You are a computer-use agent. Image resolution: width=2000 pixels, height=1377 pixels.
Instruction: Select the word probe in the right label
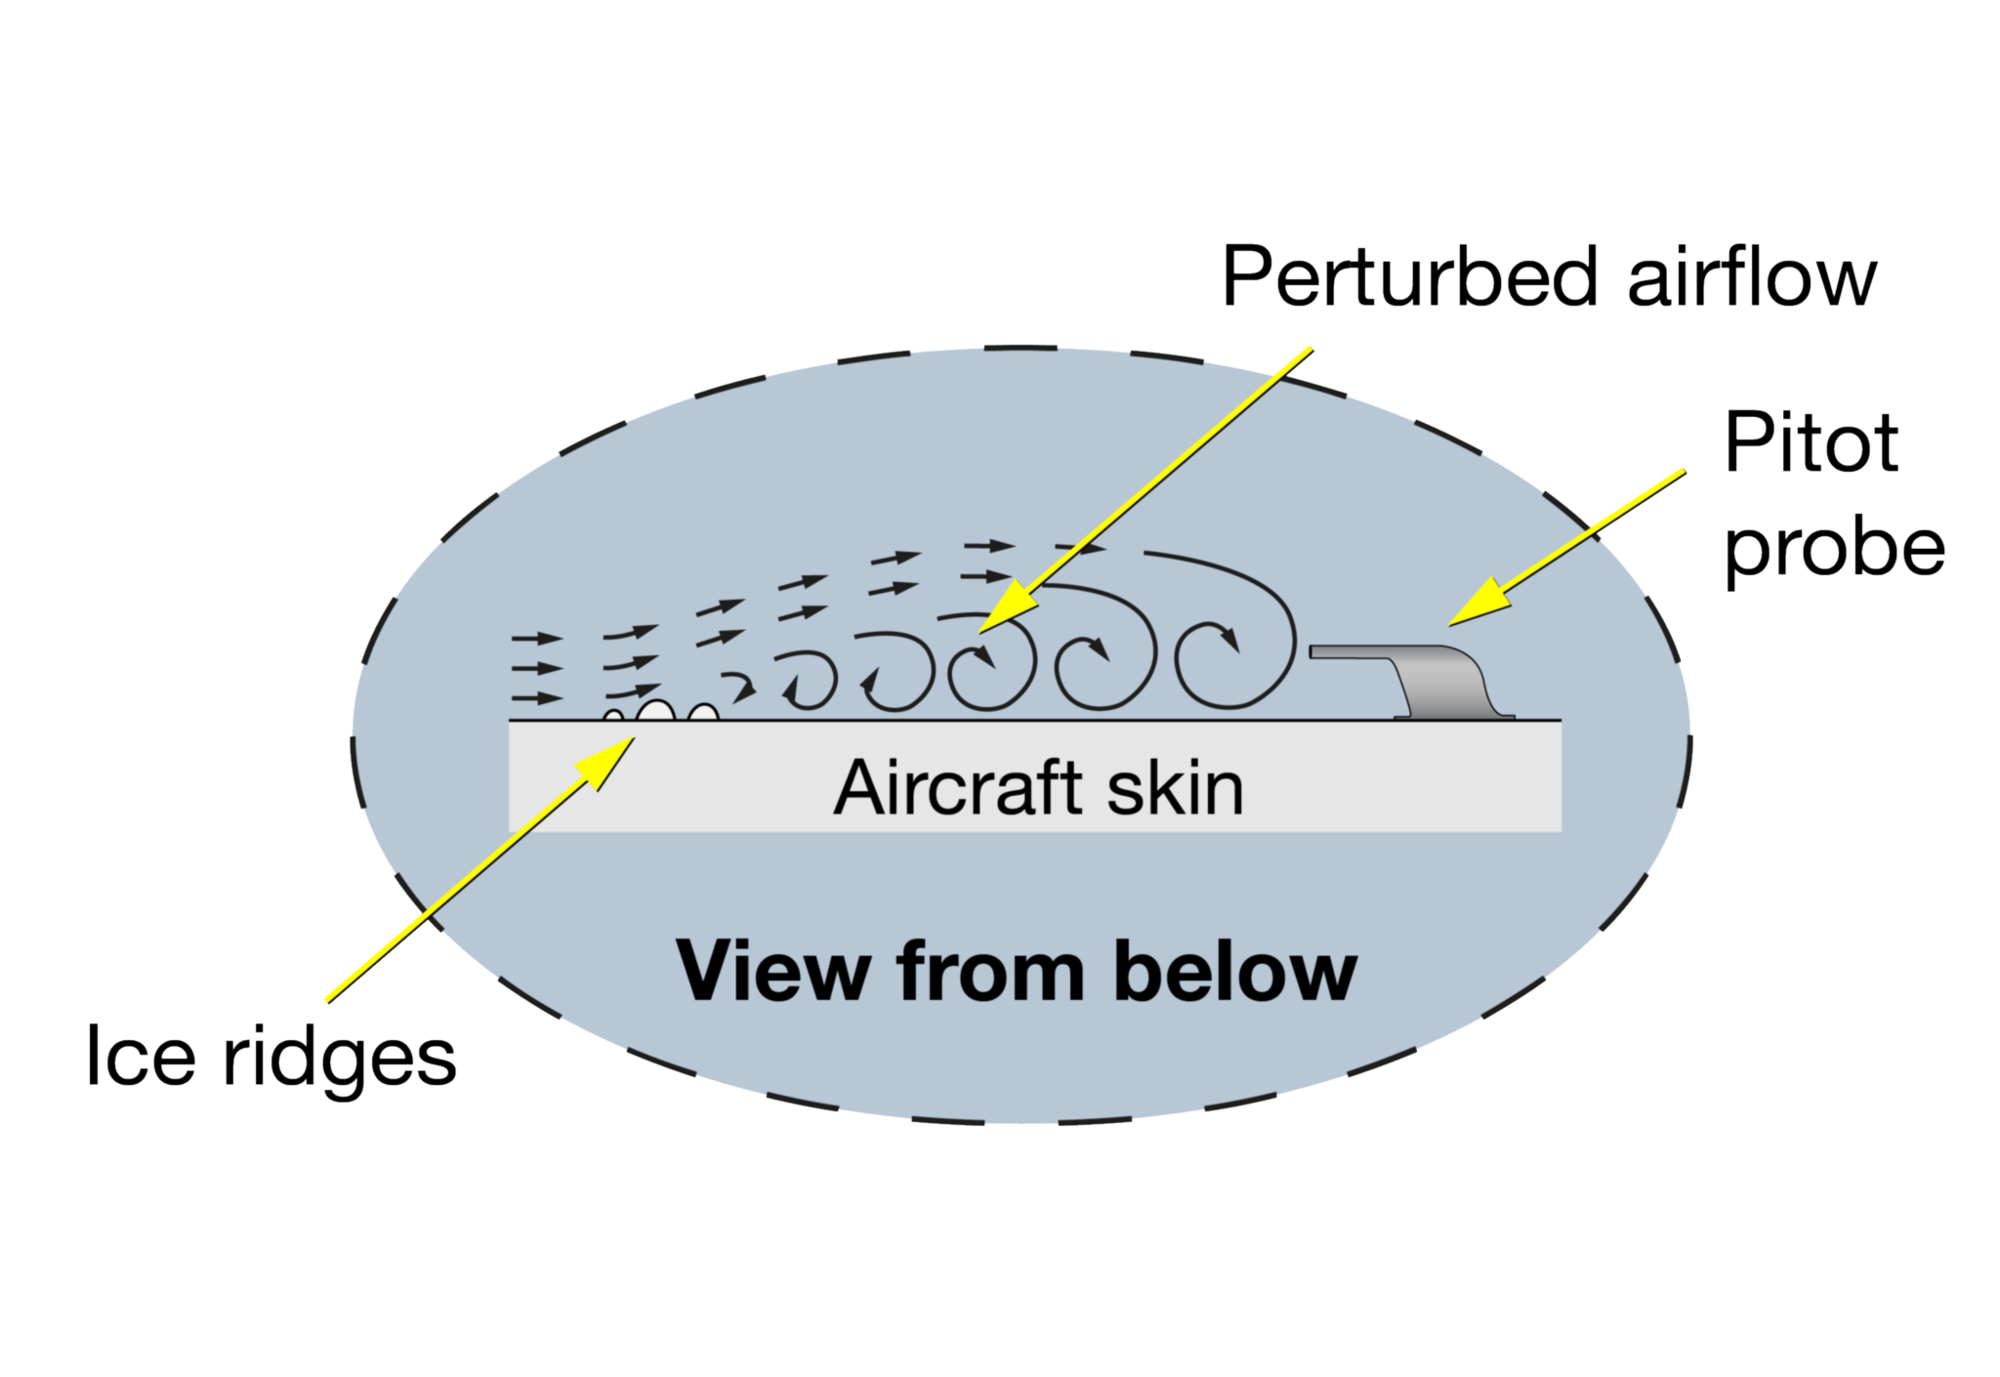[x=1834, y=549]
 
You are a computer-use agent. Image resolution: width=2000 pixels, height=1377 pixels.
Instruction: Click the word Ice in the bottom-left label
[x=141, y=1056]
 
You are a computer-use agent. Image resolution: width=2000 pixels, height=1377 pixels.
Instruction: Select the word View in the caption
[x=772, y=972]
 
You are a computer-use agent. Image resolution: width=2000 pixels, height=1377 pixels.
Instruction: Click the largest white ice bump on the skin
[x=655, y=711]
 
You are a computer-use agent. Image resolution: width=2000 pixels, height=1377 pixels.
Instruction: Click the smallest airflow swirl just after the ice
[x=742, y=688]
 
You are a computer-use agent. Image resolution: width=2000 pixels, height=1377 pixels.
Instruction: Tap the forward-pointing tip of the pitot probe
[x=1314, y=651]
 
